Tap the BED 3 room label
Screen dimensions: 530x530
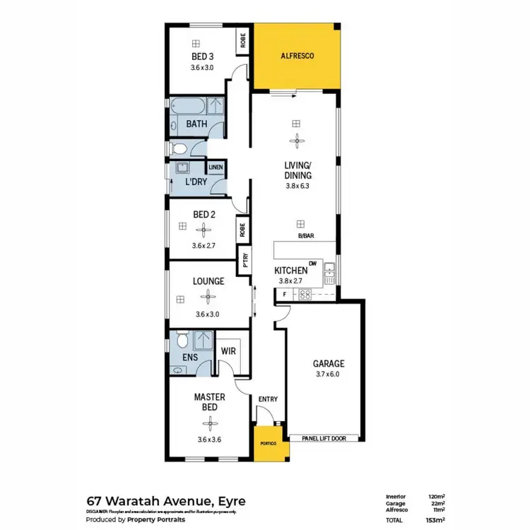[202, 56]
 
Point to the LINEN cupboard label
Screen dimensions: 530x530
[216, 167]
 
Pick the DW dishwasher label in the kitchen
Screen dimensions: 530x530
[312, 262]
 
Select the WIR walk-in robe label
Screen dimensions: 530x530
[228, 350]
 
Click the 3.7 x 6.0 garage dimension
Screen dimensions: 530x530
[328, 375]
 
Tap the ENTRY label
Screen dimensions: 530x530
[268, 399]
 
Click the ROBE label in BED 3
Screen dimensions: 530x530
[242, 42]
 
